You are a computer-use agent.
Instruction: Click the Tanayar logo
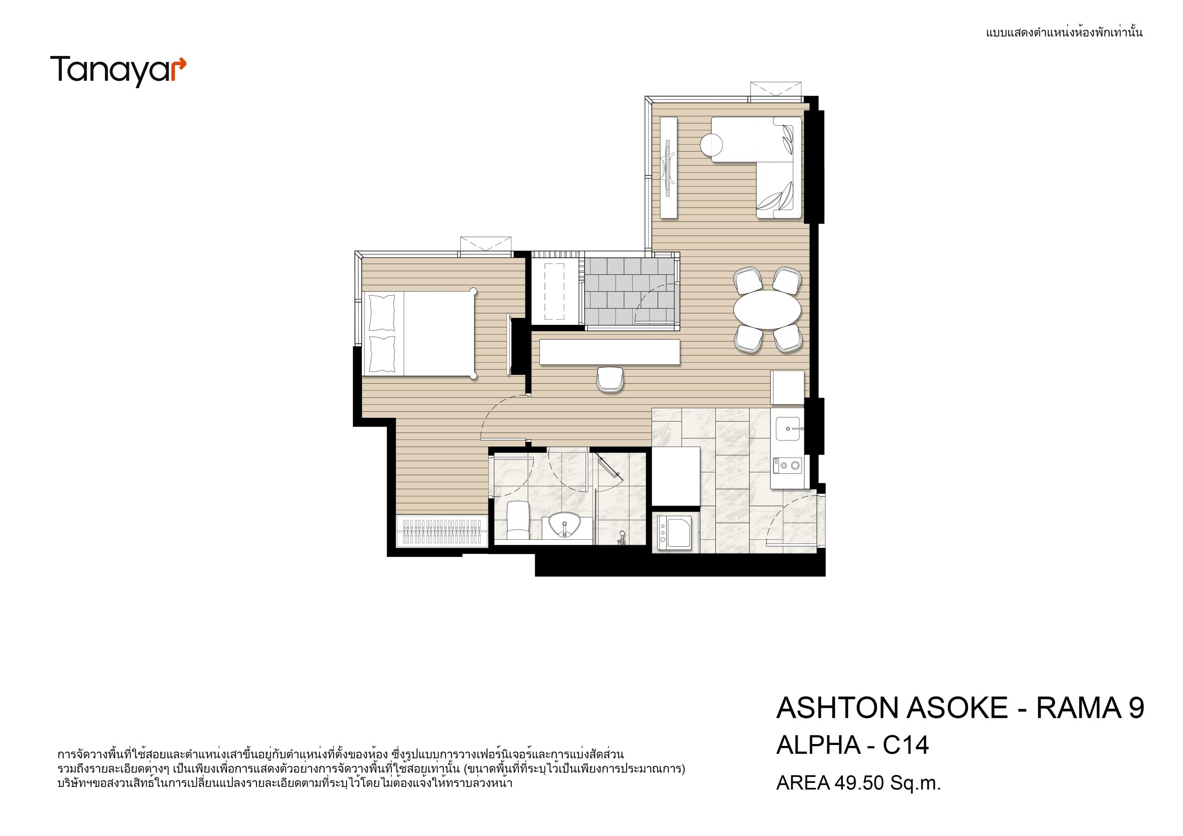pyautogui.click(x=118, y=71)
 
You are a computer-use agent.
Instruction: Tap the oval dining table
pyautogui.click(x=767, y=309)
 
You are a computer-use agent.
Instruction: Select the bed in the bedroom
pyautogui.click(x=420, y=334)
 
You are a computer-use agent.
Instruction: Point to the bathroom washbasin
pyautogui.click(x=564, y=525)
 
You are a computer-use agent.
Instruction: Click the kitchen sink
pyautogui.click(x=788, y=429)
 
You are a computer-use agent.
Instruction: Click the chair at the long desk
pyautogui.click(x=610, y=380)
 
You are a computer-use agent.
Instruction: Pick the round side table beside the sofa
pyautogui.click(x=712, y=145)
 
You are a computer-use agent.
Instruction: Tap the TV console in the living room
pyautogui.click(x=669, y=167)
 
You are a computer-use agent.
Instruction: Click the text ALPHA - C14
pyautogui.click(x=852, y=745)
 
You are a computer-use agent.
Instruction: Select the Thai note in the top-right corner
pyautogui.click(x=1064, y=32)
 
